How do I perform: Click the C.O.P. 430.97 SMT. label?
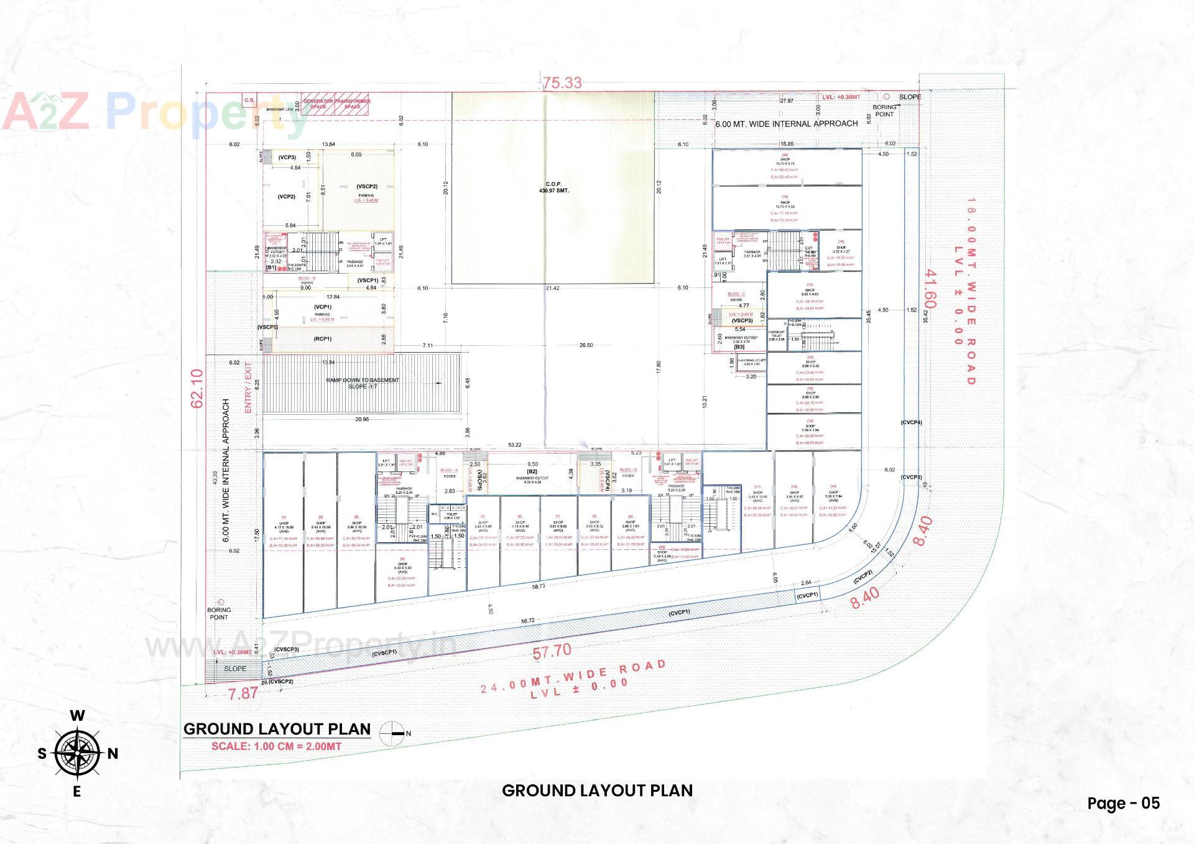click(553, 187)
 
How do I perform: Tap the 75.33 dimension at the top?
click(562, 83)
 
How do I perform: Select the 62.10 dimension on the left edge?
click(197, 388)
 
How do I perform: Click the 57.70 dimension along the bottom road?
click(552, 651)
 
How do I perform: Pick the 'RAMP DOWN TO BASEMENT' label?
click(363, 380)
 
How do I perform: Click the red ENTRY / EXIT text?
click(248, 387)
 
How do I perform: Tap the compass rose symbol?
click(77, 753)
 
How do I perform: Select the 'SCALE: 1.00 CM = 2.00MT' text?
click(276, 746)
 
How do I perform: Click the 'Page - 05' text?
click(1123, 803)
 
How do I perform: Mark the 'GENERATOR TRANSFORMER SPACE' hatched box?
click(336, 104)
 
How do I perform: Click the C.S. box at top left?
click(249, 100)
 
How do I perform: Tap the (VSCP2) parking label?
click(367, 187)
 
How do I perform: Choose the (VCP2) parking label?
click(287, 197)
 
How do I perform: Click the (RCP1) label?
click(323, 339)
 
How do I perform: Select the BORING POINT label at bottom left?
click(219, 613)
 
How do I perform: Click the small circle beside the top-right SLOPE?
click(886, 97)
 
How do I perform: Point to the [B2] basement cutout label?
click(532, 471)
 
